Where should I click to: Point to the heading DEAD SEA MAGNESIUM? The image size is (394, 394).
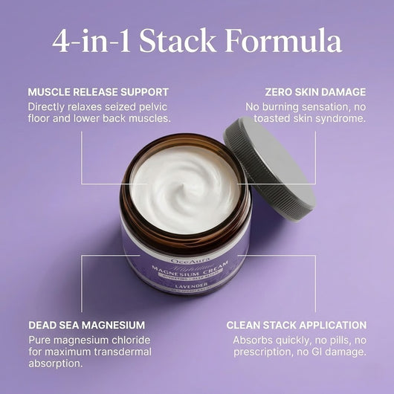click(x=86, y=325)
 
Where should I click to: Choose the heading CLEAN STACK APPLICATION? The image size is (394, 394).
click(x=296, y=325)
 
